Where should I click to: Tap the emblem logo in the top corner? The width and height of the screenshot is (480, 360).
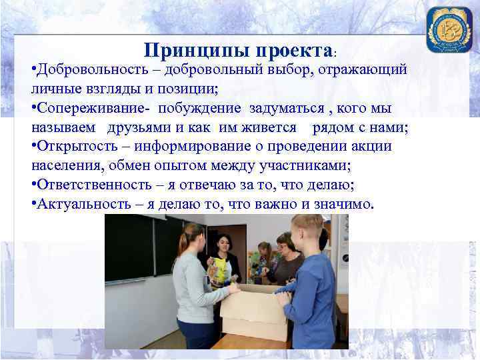449,29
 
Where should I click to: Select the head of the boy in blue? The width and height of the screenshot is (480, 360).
307,230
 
